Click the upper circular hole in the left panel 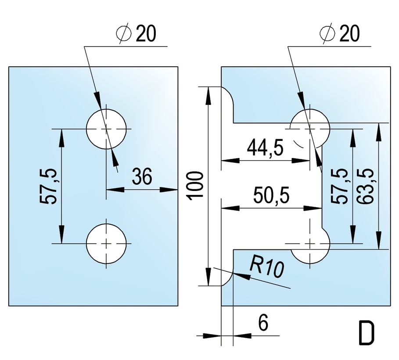coord(106,129)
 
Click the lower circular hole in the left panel coord(106,243)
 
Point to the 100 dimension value coord(196,186)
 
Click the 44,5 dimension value coord(265,147)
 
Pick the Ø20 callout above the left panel coord(137,34)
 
